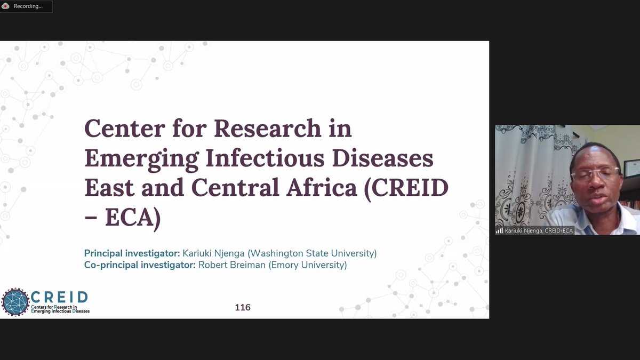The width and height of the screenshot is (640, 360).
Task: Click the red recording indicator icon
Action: (x=5, y=6)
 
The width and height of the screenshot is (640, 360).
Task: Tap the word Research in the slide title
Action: (x=268, y=129)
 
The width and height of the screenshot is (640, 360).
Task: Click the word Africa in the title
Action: (x=322, y=188)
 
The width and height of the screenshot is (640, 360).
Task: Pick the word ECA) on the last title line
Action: (x=133, y=218)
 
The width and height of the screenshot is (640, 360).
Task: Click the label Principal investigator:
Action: (x=132, y=253)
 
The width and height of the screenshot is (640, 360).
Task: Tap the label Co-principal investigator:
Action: (x=140, y=265)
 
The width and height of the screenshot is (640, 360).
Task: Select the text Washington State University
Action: (x=312, y=253)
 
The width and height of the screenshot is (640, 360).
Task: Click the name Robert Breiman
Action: (x=231, y=265)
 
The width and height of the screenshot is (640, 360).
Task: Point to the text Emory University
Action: (x=307, y=265)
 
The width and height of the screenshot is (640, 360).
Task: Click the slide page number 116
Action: (x=243, y=307)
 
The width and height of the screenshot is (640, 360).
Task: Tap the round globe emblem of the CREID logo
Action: (x=15, y=302)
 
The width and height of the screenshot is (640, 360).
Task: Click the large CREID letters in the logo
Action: (x=59, y=298)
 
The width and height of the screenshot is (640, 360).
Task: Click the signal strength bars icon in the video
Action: (x=499, y=230)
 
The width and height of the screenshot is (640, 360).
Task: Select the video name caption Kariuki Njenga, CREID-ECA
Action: (x=539, y=230)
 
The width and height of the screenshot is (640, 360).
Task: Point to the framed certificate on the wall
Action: (x=631, y=169)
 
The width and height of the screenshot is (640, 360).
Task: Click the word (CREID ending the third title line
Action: (x=406, y=189)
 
